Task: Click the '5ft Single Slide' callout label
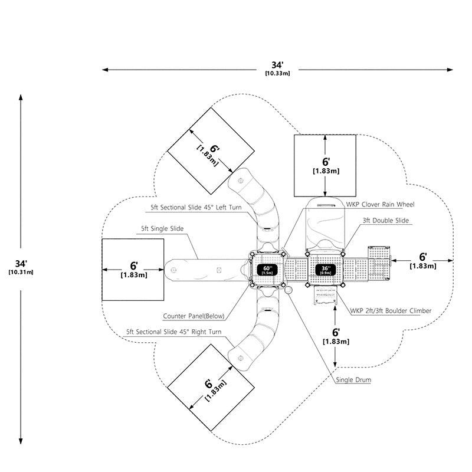[x=162, y=229]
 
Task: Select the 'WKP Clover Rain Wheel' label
[x=380, y=204]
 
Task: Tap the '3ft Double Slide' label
[x=386, y=220]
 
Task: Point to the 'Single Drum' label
[x=353, y=379]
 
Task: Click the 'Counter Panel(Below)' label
[x=194, y=316]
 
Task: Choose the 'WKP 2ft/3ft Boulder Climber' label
[x=391, y=311]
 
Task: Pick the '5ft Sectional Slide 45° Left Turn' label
[x=196, y=208]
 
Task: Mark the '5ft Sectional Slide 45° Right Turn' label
[x=173, y=332]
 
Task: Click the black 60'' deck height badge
[x=267, y=270]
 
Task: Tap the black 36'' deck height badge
[x=326, y=270]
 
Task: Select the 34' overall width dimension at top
[x=277, y=65]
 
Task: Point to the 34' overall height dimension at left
[x=21, y=264]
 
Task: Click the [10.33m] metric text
[x=277, y=73]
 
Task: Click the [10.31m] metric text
[x=21, y=272]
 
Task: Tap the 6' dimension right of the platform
[x=422, y=257]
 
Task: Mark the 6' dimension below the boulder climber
[x=336, y=332]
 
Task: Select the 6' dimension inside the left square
[x=134, y=266]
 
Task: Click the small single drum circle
[x=288, y=290]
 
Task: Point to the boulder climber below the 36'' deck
[x=325, y=296]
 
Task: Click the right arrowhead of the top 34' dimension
[x=450, y=70]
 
